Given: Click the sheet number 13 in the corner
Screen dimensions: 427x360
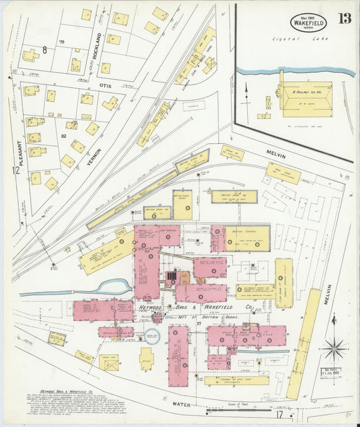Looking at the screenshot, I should tap(344, 18).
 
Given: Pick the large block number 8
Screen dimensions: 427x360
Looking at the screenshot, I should tap(45, 49).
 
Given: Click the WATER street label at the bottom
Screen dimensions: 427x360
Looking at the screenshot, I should tap(182, 404).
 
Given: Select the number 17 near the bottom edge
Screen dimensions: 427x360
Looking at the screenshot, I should tap(279, 414).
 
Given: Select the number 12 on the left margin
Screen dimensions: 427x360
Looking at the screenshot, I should tap(14, 171).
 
